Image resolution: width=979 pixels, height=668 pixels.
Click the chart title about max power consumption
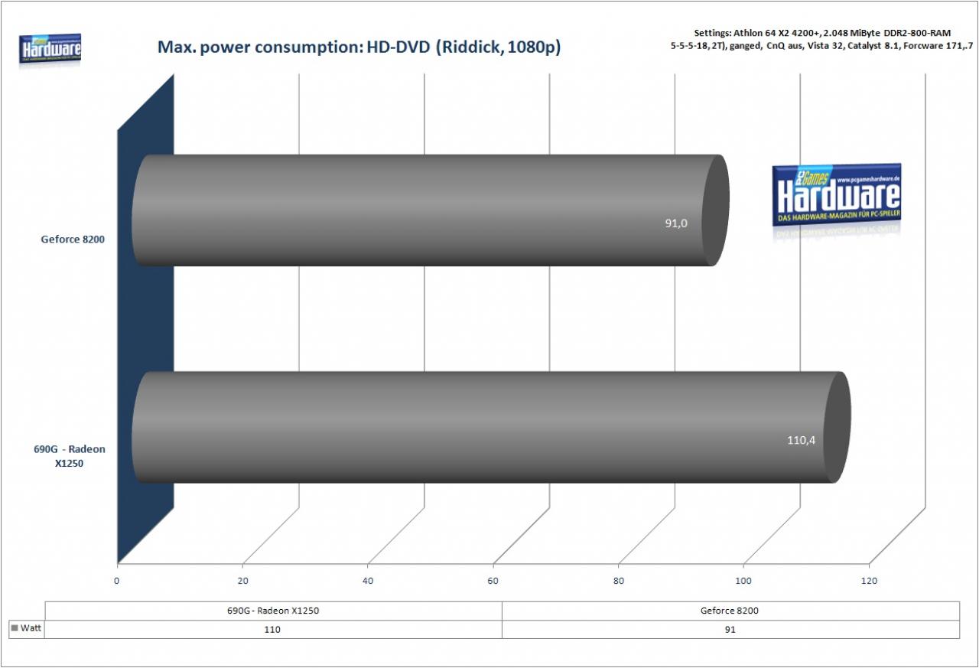(x=359, y=47)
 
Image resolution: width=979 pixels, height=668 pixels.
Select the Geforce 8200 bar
(x=431, y=210)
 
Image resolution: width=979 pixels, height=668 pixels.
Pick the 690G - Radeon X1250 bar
(x=491, y=428)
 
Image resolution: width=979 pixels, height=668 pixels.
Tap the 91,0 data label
(x=675, y=223)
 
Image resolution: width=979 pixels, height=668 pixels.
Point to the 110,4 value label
(x=801, y=440)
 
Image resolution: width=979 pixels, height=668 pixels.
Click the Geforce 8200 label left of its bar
(x=73, y=240)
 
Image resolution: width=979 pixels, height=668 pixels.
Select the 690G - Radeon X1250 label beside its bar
(x=70, y=456)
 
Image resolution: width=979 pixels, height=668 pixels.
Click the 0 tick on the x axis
(x=116, y=581)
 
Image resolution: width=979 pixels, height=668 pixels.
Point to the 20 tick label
(x=242, y=581)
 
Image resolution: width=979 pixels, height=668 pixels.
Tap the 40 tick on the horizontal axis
(x=368, y=581)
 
